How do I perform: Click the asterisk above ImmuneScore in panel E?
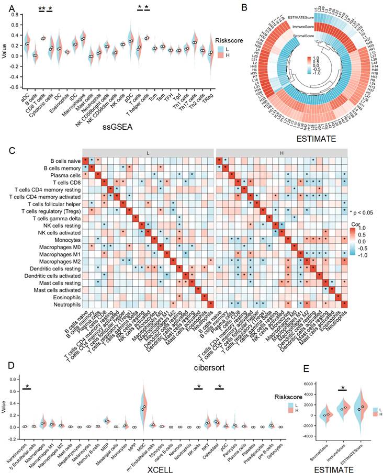pos(342,388)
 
